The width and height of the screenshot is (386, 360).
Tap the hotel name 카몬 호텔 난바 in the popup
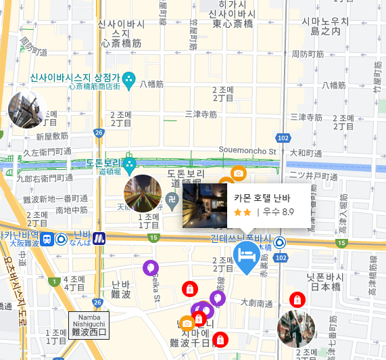pyautogui.click(x=262, y=198)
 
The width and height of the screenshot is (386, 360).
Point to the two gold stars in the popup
pyautogui.click(x=242, y=212)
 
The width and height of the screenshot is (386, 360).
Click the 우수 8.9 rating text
pyautogui.click(x=279, y=212)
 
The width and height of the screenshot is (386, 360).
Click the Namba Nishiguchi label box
pyautogui.click(x=89, y=325)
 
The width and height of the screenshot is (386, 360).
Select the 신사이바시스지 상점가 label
pyautogui.click(x=74, y=78)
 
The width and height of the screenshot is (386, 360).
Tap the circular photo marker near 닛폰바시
pyautogui.click(x=296, y=329)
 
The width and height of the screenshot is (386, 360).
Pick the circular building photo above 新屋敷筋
pyautogui.click(x=27, y=110)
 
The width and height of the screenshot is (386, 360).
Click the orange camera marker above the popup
pyautogui.click(x=238, y=173)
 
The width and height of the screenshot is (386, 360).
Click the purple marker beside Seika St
pyautogui.click(x=151, y=269)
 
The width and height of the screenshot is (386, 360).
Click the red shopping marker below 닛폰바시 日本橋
pyautogui.click(x=296, y=299)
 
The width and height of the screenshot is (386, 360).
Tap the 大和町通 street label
pyautogui.click(x=303, y=153)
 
